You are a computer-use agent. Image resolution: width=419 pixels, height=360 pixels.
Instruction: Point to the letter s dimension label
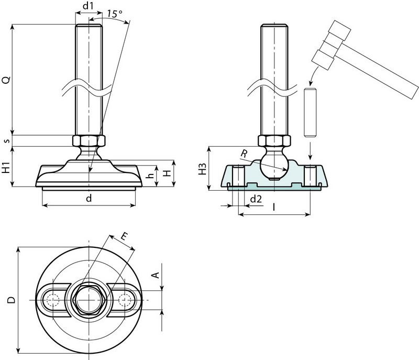(6, 140)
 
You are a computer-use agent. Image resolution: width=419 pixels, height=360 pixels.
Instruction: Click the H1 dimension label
(6, 168)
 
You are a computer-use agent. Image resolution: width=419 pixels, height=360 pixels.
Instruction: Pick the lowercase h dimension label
(150, 176)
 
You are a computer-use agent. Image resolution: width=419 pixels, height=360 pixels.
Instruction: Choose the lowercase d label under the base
(89, 198)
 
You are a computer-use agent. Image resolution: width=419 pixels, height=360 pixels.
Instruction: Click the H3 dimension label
(203, 169)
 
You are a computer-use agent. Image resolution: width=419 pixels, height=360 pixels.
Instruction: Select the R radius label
(244, 154)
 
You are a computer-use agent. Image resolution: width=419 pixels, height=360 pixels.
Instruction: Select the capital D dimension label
(11, 300)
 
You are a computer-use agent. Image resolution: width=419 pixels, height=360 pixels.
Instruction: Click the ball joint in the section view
(273, 165)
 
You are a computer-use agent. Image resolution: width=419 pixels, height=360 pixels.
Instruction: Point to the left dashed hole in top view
(51, 300)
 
